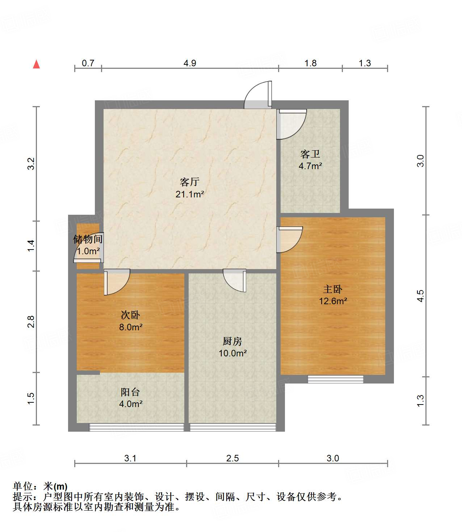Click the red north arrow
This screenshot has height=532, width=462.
tap(36, 64)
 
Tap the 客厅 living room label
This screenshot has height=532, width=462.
tap(190, 182)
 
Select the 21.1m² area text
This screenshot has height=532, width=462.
tap(190, 194)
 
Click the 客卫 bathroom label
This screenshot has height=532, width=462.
tap(310, 154)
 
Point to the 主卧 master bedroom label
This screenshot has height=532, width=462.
tap(333, 289)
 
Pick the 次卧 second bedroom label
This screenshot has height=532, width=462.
tap(130, 315)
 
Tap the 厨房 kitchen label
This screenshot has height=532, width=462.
tap(232, 341)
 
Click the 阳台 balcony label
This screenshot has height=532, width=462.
tap(130, 392)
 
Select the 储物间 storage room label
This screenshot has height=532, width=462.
tap(88, 239)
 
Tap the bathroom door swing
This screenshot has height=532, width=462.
tap(292, 124)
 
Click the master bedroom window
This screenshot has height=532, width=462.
tap(335, 379)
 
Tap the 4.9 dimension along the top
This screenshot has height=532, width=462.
tap(190, 63)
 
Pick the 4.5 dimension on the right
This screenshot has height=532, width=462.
tap(420, 296)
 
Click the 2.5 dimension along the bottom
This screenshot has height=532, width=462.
tap(232, 458)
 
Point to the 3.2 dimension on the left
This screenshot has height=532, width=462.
tap(31, 164)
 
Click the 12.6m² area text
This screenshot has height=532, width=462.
tap(333, 301)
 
